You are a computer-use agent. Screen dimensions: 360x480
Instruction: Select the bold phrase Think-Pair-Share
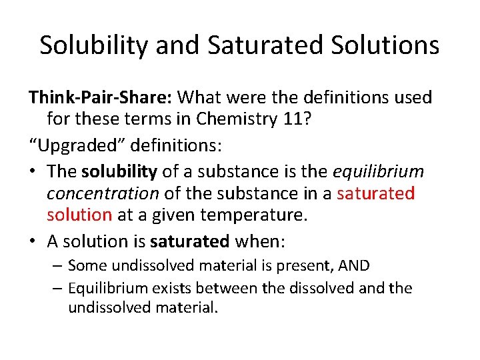tap(101, 97)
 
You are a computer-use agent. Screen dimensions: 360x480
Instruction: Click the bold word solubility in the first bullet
tap(119, 171)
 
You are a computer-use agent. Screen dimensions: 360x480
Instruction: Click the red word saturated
tap(376, 194)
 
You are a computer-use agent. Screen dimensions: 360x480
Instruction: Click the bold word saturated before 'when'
tap(190, 241)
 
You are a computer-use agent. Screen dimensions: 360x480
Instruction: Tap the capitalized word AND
tap(353, 265)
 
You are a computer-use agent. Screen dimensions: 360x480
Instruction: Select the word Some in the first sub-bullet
tap(87, 265)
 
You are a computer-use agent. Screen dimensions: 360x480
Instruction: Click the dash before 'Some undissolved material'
tap(57, 266)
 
